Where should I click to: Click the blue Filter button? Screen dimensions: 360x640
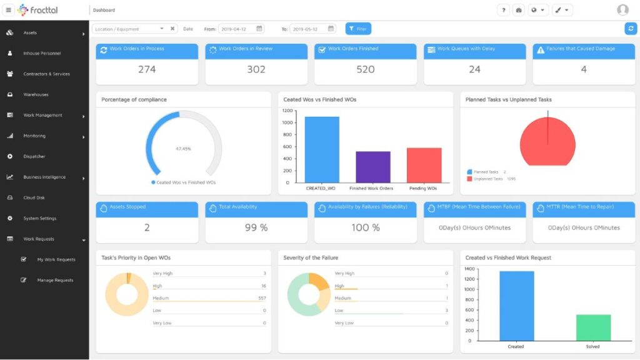pyautogui.click(x=358, y=29)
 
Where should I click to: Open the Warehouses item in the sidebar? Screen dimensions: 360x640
pyautogui.click(x=36, y=94)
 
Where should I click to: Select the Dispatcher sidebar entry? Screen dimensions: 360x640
pyautogui.click(x=34, y=156)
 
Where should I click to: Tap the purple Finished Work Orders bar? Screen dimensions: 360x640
pyautogui.click(x=373, y=166)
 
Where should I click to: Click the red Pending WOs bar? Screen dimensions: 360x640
pyautogui.click(x=424, y=164)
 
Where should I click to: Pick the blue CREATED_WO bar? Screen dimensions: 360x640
pyautogui.click(x=322, y=149)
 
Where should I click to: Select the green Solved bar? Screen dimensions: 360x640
pyautogui.click(x=593, y=327)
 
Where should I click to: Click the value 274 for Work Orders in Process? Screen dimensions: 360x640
pyautogui.click(x=147, y=69)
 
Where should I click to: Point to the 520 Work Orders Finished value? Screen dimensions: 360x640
pyautogui.click(x=366, y=69)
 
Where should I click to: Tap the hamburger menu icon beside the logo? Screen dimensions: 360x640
pyautogui.click(x=9, y=10)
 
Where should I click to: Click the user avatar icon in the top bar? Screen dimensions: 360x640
pyautogui.click(x=622, y=10)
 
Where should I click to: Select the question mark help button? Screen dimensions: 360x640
pyautogui.click(x=504, y=10)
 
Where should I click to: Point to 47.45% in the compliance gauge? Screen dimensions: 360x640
pyautogui.click(x=183, y=149)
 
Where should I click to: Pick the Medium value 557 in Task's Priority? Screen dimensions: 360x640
pyautogui.click(x=262, y=298)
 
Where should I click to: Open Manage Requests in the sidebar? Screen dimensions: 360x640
pyautogui.click(x=55, y=280)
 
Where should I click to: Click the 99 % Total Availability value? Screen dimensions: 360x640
pyautogui.click(x=256, y=227)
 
